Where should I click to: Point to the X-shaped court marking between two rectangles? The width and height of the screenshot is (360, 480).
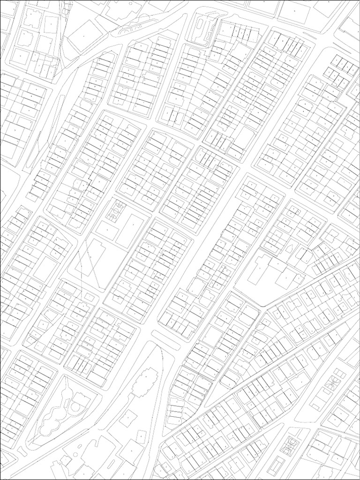coord(335,382)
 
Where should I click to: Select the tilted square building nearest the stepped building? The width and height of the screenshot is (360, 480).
coord(127,417)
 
